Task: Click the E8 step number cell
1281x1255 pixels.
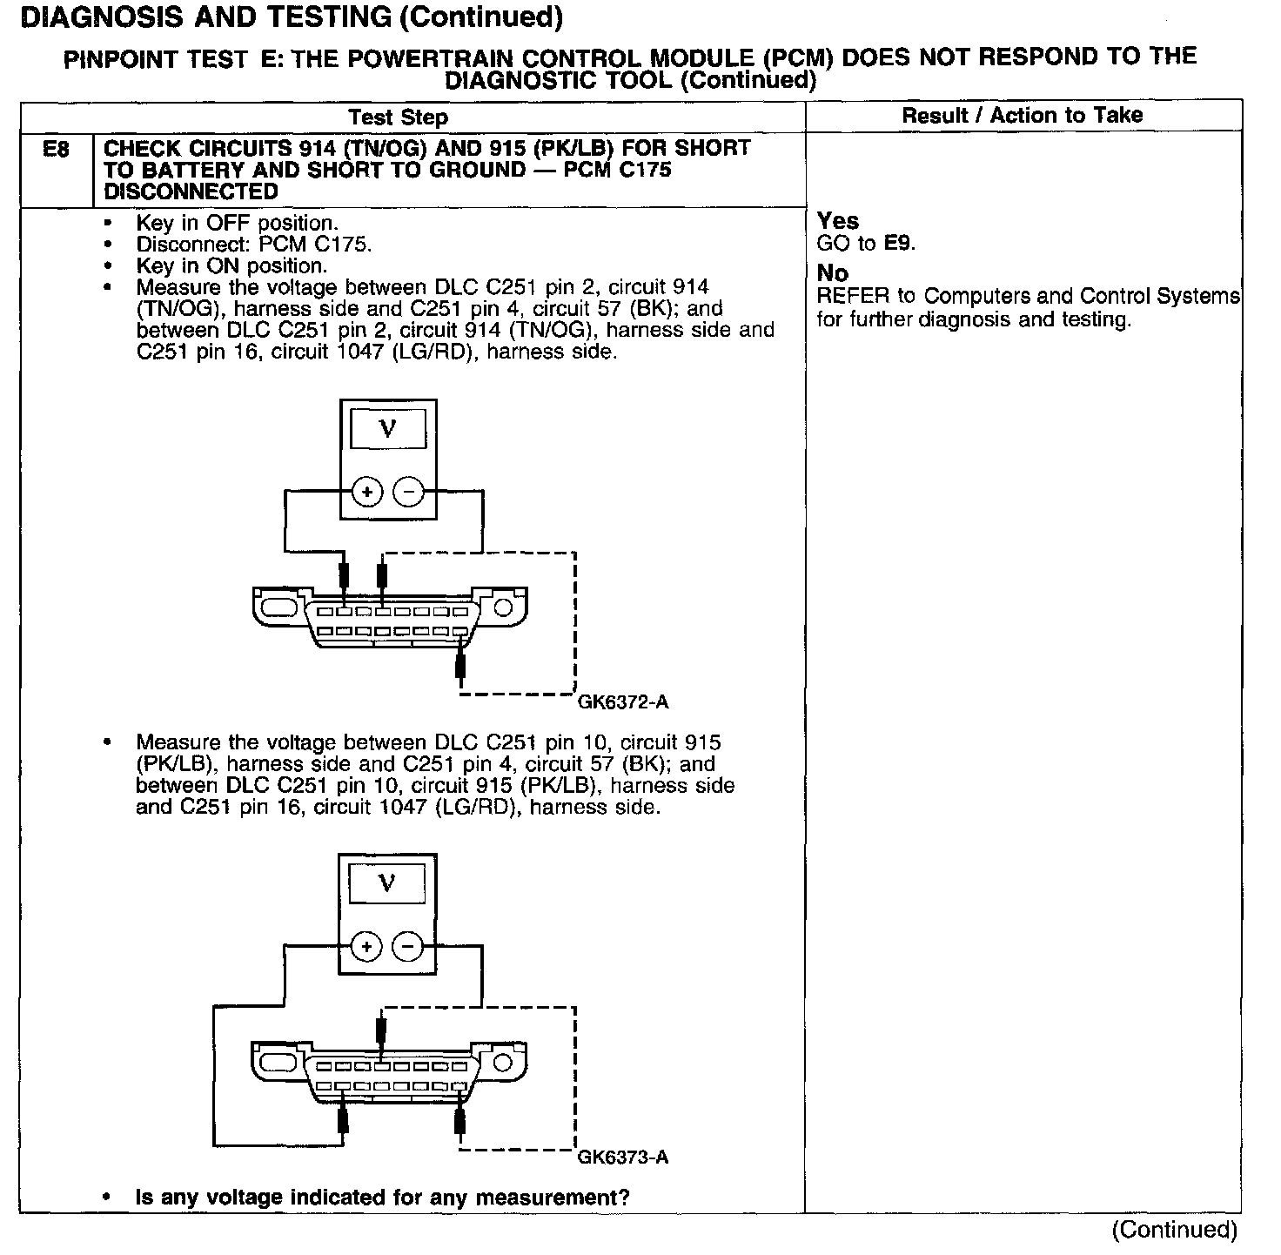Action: [x=56, y=150]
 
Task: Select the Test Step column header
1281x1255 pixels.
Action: [x=398, y=117]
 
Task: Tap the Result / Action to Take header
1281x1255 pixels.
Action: [x=1022, y=115]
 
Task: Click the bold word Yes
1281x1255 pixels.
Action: [x=838, y=221]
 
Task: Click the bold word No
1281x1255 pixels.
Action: [x=832, y=273]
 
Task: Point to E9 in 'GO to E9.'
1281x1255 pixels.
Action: [x=898, y=244]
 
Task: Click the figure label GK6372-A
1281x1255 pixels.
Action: [x=623, y=702]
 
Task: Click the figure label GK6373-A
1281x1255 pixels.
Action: [x=623, y=1158]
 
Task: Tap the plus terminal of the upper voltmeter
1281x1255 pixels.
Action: [x=367, y=493]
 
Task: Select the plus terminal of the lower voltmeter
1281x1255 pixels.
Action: [x=367, y=947]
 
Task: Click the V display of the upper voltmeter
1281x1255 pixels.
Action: [x=388, y=429]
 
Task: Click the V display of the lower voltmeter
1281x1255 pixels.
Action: [x=388, y=883]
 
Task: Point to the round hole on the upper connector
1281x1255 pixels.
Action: [x=503, y=607]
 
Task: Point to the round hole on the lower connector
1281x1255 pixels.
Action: [x=503, y=1063]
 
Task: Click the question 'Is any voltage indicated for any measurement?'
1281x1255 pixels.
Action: [x=382, y=1198]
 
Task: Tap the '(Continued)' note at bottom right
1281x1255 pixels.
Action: [x=1174, y=1229]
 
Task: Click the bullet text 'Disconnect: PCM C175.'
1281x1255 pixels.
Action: [x=254, y=245]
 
